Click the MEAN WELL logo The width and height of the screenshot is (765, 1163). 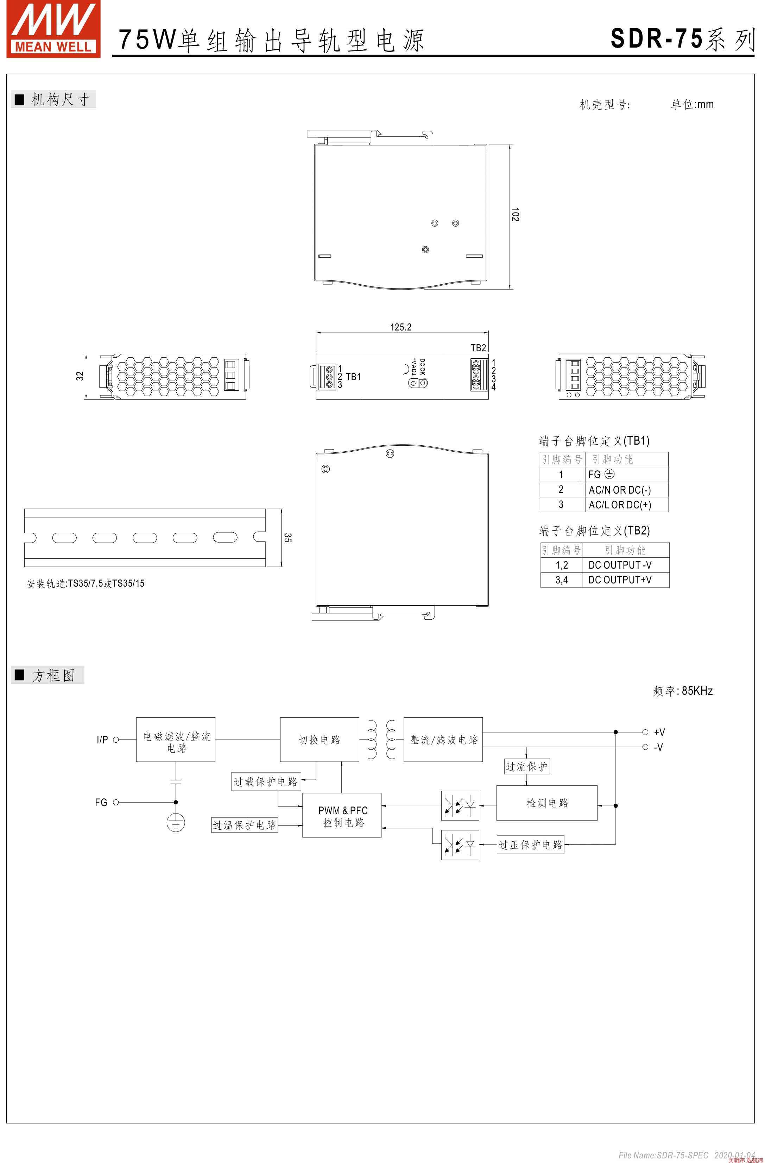click(x=53, y=29)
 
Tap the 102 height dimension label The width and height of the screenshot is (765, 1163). click(x=515, y=215)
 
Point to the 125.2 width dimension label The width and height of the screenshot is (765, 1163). click(x=400, y=327)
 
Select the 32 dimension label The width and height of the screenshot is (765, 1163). click(x=80, y=376)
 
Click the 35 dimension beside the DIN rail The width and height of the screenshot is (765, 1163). click(x=287, y=538)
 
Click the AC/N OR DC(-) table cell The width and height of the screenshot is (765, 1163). click(x=620, y=490)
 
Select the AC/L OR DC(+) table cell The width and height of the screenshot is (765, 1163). click(x=620, y=505)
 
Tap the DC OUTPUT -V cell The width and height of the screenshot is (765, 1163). click(x=620, y=565)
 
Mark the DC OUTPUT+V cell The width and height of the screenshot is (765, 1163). click(x=620, y=580)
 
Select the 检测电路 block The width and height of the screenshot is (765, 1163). click(x=547, y=803)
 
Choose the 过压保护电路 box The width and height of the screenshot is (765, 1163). click(x=530, y=845)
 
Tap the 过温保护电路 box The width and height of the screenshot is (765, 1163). click(x=245, y=825)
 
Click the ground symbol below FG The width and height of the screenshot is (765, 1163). click(x=176, y=823)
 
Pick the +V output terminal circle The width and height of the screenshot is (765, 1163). click(x=645, y=732)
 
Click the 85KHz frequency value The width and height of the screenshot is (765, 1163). click(x=697, y=691)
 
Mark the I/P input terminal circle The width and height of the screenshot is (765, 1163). click(x=116, y=740)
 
